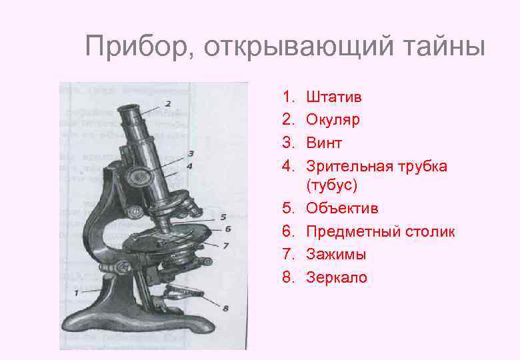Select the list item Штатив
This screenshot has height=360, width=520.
pyautogui.click(x=334, y=97)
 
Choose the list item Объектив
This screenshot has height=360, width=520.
pyautogui.click(x=342, y=209)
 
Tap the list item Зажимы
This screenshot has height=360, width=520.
pyautogui.click(x=336, y=254)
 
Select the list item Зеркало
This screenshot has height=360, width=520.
pyautogui.click(x=337, y=277)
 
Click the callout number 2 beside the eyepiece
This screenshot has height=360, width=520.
pyautogui.click(x=167, y=103)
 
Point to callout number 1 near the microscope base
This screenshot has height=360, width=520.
pyautogui.click(x=76, y=293)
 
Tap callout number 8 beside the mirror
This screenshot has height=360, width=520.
pyautogui.click(x=225, y=308)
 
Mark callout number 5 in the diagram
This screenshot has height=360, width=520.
pyautogui.click(x=223, y=217)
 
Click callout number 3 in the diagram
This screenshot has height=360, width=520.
pyautogui.click(x=191, y=153)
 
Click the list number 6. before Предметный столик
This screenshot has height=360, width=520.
pyautogui.click(x=288, y=231)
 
